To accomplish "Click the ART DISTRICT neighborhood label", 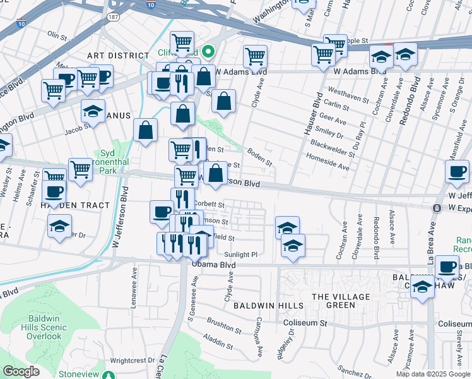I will point(118,56).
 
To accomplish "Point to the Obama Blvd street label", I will point(215,266).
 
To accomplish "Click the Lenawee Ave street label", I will point(134,283).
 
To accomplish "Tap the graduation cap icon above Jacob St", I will point(93,111).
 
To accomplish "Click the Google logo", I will point(21,371).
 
